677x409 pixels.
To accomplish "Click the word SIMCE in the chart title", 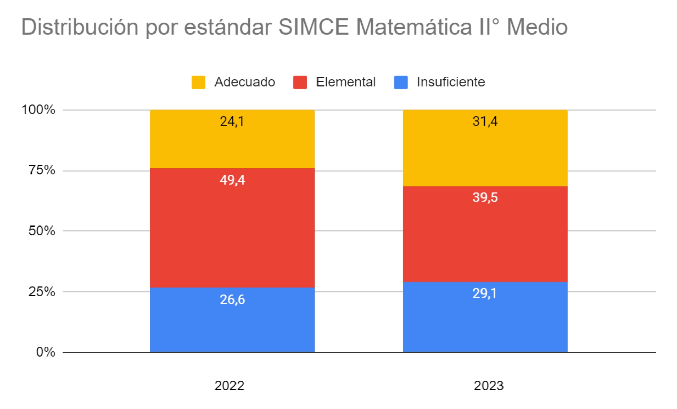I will tap(313, 27).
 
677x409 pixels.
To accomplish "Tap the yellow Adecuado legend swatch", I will tap(198, 82).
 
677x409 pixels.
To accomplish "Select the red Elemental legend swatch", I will tap(300, 82).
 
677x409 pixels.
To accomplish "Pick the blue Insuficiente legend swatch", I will tap(401, 82).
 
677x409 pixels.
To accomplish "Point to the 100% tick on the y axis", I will tap(38, 110).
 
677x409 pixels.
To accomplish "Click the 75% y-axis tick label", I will tap(42, 170).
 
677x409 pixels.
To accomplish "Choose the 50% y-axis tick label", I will tap(42, 231).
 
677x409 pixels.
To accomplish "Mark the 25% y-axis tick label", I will tap(42, 292).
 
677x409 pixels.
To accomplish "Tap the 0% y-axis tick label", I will tap(45, 352).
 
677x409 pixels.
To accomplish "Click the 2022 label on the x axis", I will tap(229, 386).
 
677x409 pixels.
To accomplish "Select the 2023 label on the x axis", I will tap(489, 386).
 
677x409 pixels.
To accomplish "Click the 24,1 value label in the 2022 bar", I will tap(232, 122).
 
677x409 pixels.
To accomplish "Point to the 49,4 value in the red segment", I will tap(232, 180).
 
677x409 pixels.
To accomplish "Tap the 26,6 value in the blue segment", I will tap(232, 300).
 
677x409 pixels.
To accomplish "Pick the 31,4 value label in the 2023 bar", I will tap(485, 122).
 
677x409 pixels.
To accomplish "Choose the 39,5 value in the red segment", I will tap(485, 197).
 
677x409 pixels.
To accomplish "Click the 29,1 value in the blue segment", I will tap(485, 293).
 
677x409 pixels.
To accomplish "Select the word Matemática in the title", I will tap(414, 27).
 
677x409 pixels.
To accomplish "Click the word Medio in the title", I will tap(537, 27).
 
